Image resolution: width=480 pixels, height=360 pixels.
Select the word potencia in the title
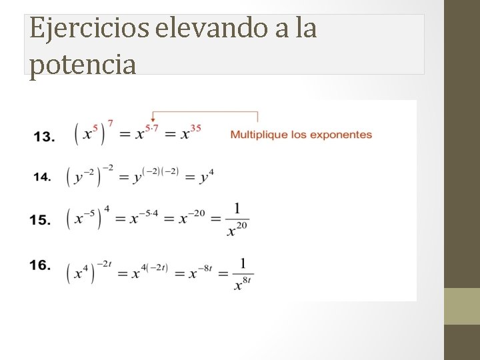tap(83, 64)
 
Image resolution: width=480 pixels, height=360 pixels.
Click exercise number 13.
tap(44, 137)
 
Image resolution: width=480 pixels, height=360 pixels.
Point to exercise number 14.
tap(42, 177)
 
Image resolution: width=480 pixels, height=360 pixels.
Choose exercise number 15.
tap(40, 219)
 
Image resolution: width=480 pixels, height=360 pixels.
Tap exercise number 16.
tap(40, 265)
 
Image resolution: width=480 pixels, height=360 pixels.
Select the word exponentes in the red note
tap(339, 135)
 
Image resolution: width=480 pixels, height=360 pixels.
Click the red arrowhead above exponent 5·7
tap(153, 119)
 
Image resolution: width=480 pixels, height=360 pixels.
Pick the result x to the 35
tap(190, 132)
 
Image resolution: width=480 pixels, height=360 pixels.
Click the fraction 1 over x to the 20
tap(237, 219)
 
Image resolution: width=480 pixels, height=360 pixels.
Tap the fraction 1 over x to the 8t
tap(242, 273)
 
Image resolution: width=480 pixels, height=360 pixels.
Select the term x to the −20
tap(191, 217)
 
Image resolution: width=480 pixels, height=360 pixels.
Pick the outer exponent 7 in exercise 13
tap(110, 123)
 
